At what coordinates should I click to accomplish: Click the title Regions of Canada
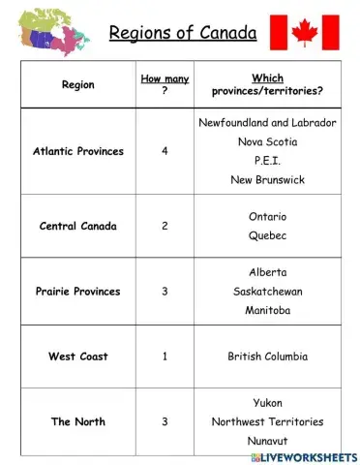point(183,35)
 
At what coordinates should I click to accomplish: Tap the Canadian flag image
point(305,31)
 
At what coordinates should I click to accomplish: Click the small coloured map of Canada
point(52,29)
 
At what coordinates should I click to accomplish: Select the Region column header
point(78,84)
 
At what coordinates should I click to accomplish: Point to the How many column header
point(165,84)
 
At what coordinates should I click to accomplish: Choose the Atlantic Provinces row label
point(78,151)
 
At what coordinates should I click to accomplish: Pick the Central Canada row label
point(78,226)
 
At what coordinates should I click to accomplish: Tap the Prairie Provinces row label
point(78,292)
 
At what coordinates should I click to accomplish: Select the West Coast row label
point(78,356)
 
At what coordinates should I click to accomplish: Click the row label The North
point(78,421)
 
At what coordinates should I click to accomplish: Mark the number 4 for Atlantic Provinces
point(165,151)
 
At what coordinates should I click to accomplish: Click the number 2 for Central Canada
point(165,226)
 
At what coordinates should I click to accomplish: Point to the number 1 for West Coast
point(165,356)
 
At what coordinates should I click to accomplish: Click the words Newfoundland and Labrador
point(267,123)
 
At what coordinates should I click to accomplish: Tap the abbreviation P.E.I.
point(267,161)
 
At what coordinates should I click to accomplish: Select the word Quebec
point(267,235)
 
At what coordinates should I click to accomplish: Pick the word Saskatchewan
point(267,292)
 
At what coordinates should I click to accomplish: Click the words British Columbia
point(267,356)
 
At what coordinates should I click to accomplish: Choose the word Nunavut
point(267,440)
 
